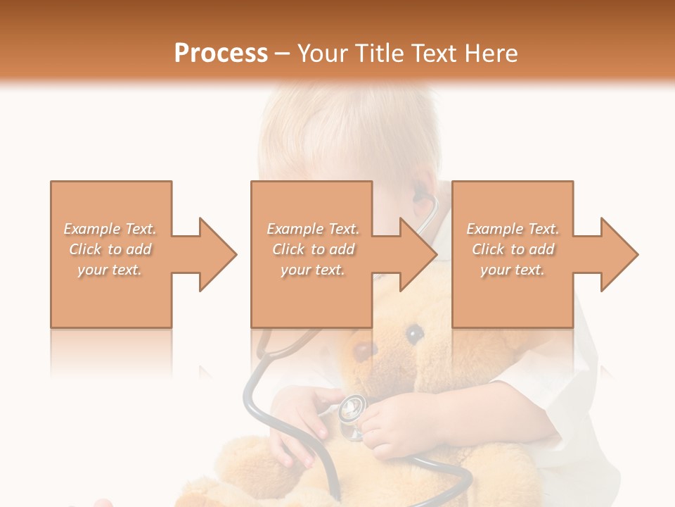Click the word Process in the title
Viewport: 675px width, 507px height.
[x=221, y=54]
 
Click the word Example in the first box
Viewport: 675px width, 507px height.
[x=92, y=229]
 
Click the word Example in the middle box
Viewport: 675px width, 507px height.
[x=295, y=229]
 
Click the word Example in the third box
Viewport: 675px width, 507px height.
[x=495, y=229]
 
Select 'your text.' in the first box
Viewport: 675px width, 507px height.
[x=110, y=270]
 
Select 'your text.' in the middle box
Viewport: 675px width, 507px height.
[x=313, y=270]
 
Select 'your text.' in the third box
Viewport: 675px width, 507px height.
[x=513, y=270]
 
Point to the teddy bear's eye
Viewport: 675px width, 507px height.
[x=415, y=333]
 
